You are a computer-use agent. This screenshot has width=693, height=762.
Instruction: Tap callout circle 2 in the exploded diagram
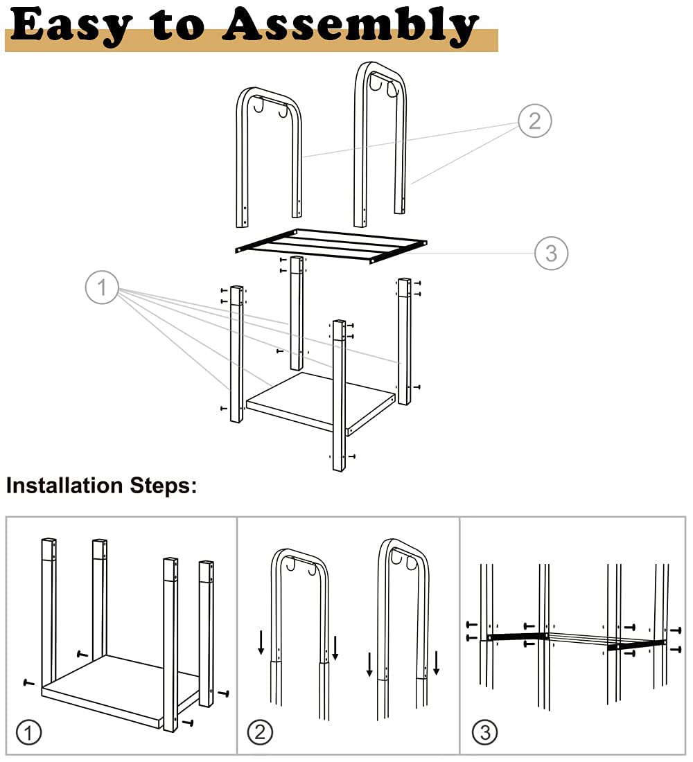[x=534, y=121]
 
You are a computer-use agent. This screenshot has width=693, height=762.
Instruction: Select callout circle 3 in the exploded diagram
[x=551, y=253]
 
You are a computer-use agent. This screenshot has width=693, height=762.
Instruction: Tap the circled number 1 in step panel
[x=28, y=732]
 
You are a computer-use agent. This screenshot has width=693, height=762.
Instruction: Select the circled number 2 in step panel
[x=260, y=732]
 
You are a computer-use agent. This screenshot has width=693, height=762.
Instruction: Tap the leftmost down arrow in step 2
[x=261, y=642]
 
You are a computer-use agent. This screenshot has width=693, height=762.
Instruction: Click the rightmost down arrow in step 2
[x=437, y=663]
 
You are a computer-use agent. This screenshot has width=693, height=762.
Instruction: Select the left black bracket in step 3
[x=517, y=636]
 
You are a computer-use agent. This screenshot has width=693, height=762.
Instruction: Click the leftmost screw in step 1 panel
[x=28, y=682]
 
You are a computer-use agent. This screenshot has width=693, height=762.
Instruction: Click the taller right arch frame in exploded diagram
[x=380, y=139]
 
